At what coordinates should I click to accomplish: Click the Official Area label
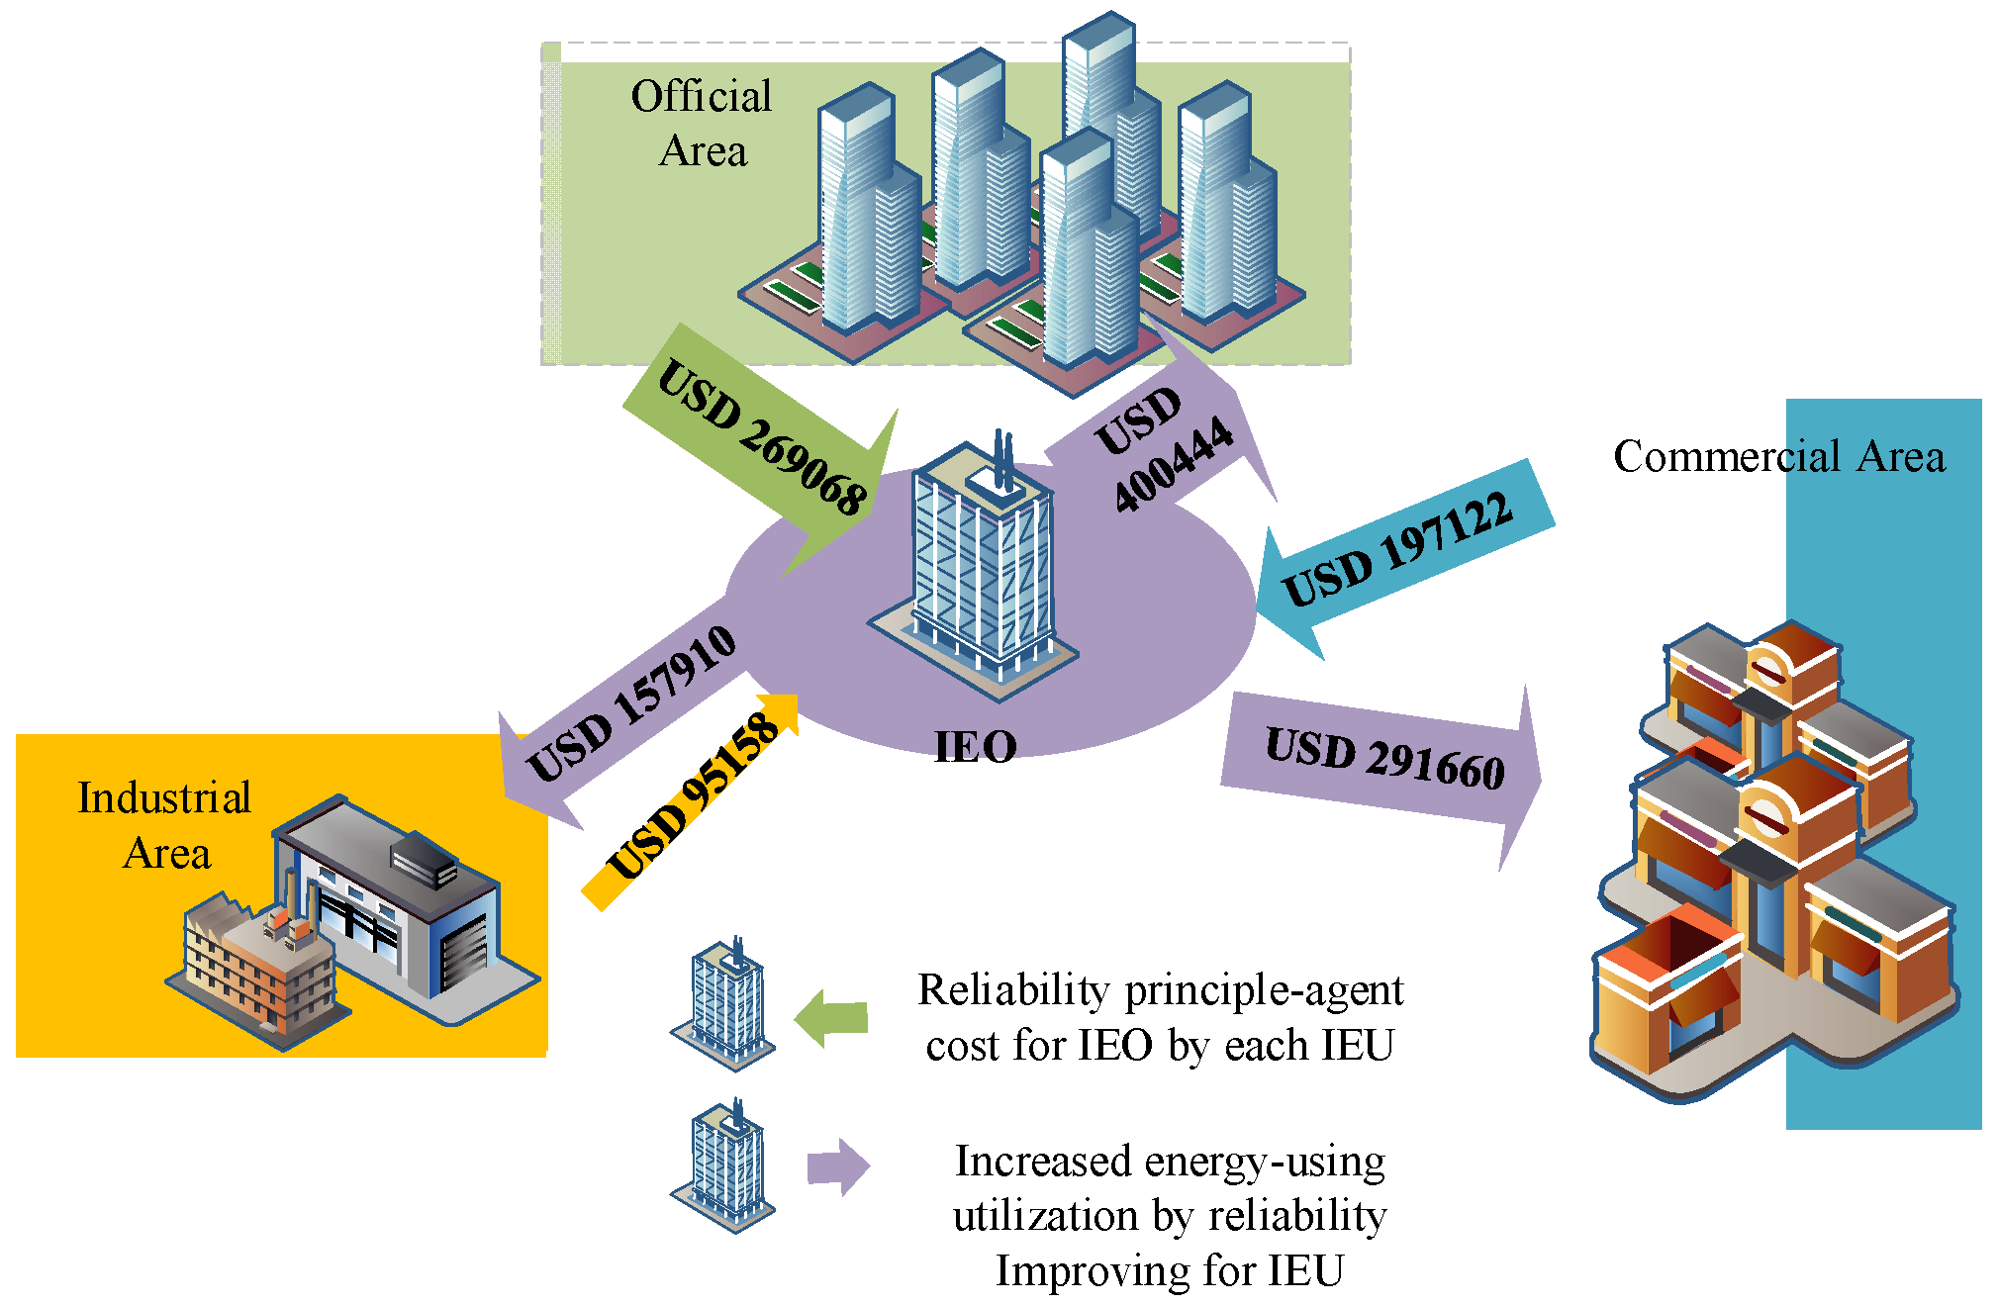pyautogui.click(x=702, y=124)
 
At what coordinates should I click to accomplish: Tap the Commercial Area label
pyautogui.click(x=1778, y=457)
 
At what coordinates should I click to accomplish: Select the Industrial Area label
pyautogui.click(x=164, y=825)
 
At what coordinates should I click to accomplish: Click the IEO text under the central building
pyautogui.click(x=976, y=747)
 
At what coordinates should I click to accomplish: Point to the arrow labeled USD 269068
pyautogui.click(x=762, y=440)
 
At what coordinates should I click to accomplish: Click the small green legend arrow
pyautogui.click(x=832, y=1018)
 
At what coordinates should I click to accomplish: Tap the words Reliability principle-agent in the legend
pyautogui.click(x=1160, y=990)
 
